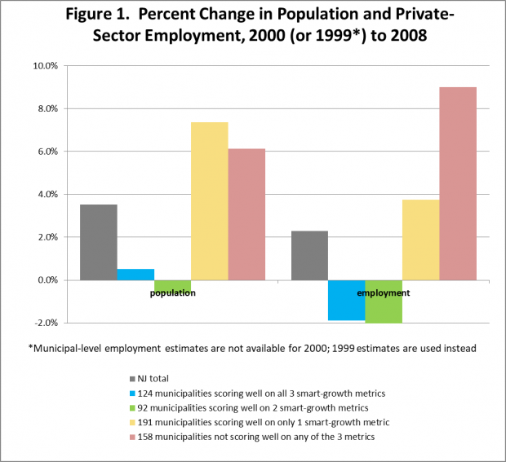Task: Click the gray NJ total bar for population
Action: pyautogui.click(x=98, y=242)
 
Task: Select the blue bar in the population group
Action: pyautogui.click(x=135, y=274)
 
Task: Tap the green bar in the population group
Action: pyautogui.click(x=172, y=285)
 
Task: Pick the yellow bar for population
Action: pyautogui.click(x=209, y=200)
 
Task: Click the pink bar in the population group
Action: pyautogui.click(x=246, y=213)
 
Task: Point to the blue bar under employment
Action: pyautogui.click(x=346, y=300)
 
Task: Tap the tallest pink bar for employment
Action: pyautogui.click(x=458, y=183)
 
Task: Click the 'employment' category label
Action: pyautogui.click(x=383, y=292)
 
